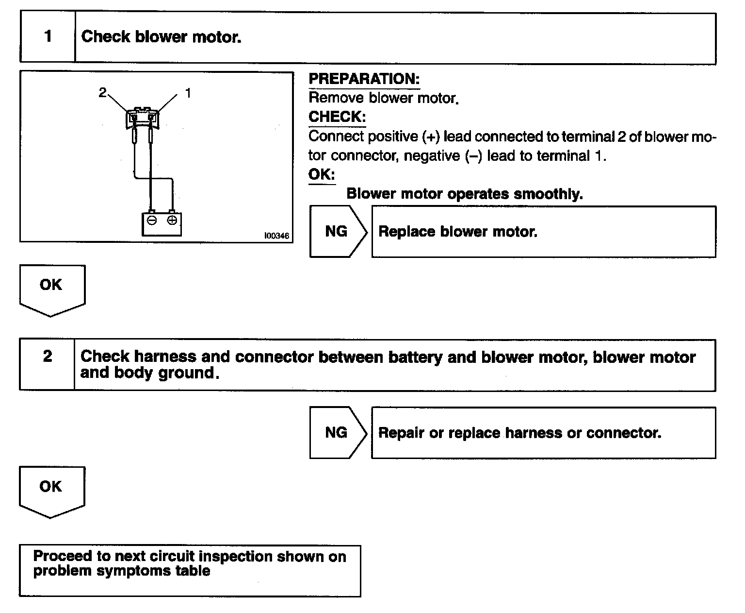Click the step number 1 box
click(48, 37)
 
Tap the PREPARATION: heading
click(364, 79)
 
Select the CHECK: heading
click(337, 117)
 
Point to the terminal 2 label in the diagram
click(102, 92)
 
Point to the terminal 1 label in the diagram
click(188, 92)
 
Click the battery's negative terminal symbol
click(152, 221)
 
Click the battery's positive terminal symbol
click(172, 221)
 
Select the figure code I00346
click(276, 236)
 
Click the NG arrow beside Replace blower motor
click(337, 231)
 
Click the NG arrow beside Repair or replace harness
click(337, 432)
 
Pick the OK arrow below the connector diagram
click(51, 288)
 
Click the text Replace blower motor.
click(458, 232)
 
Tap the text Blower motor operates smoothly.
click(464, 194)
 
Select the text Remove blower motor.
click(383, 98)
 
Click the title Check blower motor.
click(161, 37)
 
